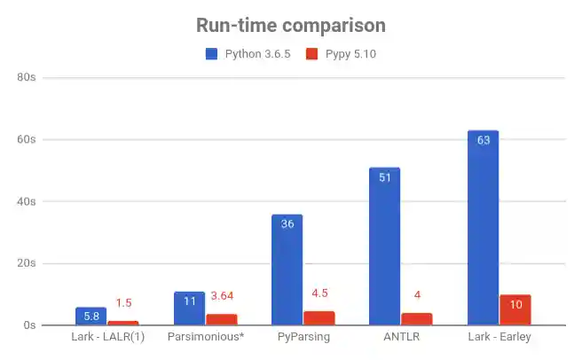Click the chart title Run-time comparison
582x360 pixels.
click(x=290, y=26)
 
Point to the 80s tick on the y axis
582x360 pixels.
click(x=27, y=78)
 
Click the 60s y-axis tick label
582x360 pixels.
click(x=27, y=140)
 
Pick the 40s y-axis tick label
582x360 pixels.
click(x=27, y=201)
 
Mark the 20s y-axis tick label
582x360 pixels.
click(x=27, y=263)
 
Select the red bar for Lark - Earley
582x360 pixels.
click(x=515, y=310)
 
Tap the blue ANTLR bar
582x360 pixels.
click(x=384, y=248)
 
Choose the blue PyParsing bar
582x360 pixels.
click(x=287, y=270)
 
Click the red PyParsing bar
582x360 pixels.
click(x=319, y=318)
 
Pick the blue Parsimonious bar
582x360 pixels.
click(x=189, y=309)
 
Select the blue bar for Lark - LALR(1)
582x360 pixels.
click(x=90, y=317)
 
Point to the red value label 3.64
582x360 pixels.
click(x=221, y=296)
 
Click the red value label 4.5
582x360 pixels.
click(x=319, y=293)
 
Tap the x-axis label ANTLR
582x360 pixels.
click(x=400, y=338)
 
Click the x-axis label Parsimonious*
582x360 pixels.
click(x=205, y=338)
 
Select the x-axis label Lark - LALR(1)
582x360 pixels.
click(x=106, y=338)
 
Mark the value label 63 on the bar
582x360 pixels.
click(x=483, y=140)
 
